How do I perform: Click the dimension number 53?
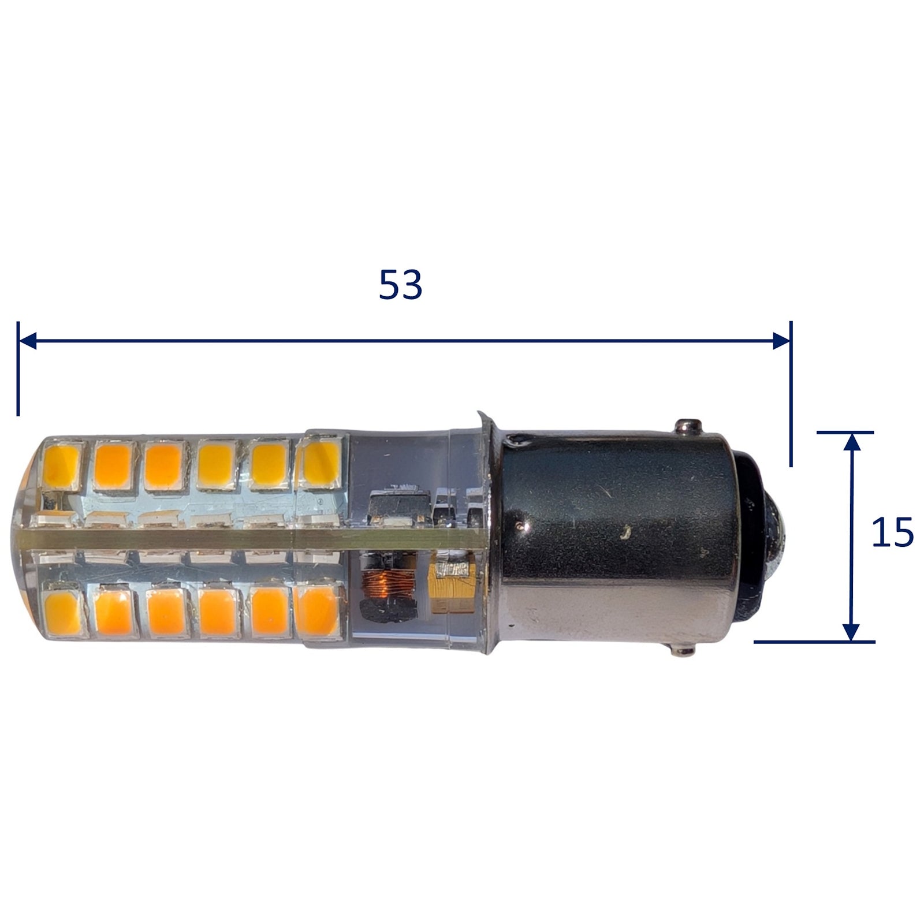400,285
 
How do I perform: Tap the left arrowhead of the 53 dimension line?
28,340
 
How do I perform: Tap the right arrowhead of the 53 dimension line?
781,340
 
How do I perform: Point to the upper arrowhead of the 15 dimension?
852,442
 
